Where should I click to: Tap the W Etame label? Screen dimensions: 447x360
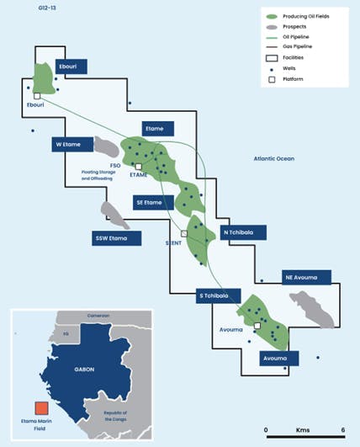[68, 144]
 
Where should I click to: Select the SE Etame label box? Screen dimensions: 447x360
[152, 202]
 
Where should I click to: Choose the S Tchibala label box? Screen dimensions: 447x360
[218, 296]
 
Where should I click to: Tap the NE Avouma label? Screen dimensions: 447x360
[306, 276]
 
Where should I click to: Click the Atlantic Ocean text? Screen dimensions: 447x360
[281, 157]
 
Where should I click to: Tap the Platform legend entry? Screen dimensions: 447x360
[294, 78]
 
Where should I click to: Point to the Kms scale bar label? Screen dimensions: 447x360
[303, 429]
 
